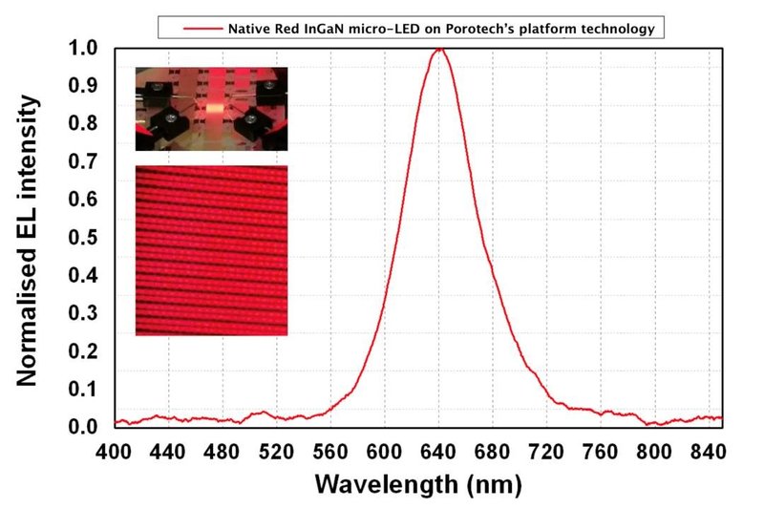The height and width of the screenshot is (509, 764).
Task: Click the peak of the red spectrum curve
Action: [439, 49]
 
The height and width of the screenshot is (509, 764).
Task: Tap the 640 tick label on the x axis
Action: [439, 450]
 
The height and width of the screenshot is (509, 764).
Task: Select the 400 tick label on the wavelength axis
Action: [114, 450]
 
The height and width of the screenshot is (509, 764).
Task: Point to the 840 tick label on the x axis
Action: [709, 450]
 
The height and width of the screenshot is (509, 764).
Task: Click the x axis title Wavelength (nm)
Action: [417, 483]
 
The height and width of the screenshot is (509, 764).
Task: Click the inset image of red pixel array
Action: [211, 250]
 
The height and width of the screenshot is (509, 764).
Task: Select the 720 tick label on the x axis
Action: [547, 450]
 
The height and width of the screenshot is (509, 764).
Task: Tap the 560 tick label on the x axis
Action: [331, 450]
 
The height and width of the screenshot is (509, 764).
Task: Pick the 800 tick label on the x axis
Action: [655, 450]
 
